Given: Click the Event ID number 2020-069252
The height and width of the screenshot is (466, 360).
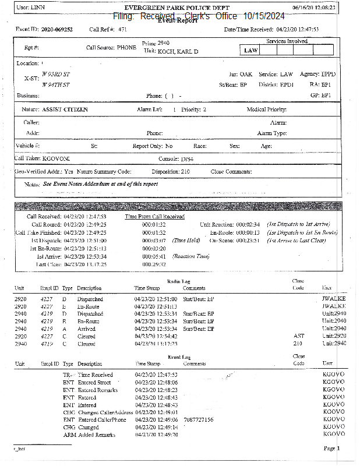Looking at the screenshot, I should point(57,29).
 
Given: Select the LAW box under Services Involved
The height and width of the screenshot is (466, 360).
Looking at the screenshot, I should point(250,51).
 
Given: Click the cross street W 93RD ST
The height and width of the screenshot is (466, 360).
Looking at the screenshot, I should point(56,75).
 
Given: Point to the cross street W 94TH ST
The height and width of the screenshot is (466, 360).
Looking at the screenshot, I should point(56,85).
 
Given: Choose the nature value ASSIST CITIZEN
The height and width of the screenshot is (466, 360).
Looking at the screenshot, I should point(65,110).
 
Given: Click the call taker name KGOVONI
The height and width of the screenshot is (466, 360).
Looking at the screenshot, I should point(56,158).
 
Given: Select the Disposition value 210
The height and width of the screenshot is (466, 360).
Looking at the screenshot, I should point(185,172).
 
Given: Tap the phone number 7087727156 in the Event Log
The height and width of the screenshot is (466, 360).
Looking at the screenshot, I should point(198,419).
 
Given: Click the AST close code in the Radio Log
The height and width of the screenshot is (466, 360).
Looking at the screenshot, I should point(298,337).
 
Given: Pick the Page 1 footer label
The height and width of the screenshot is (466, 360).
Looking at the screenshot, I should point(332,449).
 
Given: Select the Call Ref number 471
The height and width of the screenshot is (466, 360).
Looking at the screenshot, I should point(122,29).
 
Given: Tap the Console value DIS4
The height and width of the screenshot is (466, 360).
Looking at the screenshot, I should point(188,158).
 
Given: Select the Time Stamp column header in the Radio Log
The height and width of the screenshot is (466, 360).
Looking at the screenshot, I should point(147,288).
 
